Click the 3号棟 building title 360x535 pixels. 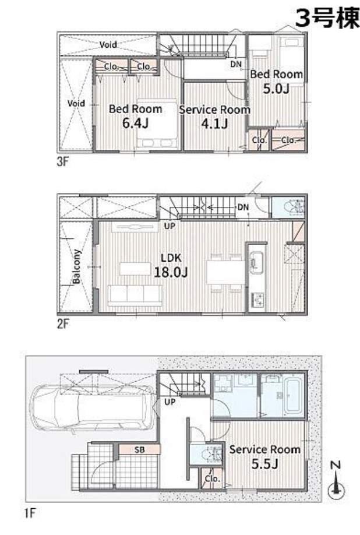327,18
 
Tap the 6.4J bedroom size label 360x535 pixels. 135,123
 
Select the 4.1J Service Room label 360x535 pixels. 214,117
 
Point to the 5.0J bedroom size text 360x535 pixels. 276,89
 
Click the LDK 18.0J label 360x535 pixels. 171,265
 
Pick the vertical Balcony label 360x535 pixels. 77,266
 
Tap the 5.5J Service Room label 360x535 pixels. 264,456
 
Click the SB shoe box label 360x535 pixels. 139,450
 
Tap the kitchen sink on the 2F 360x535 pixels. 256,262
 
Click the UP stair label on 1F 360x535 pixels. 170,402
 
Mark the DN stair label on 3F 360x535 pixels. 235,64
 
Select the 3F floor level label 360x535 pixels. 63,161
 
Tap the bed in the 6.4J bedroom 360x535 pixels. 157,124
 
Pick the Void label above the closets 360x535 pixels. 108,44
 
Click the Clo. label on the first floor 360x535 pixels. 213,478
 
